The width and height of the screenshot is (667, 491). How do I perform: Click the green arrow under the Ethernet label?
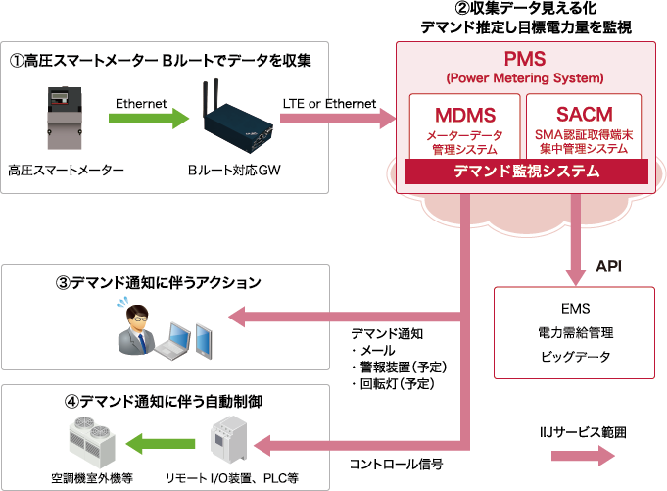click(x=148, y=119)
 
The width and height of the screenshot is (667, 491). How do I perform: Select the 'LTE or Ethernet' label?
click(x=328, y=102)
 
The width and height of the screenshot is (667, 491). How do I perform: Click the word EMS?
click(x=575, y=307)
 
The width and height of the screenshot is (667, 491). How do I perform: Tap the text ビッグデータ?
click(x=575, y=355)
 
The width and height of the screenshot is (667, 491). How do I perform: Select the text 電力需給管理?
click(x=575, y=331)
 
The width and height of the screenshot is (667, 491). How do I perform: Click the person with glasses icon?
click(x=136, y=326)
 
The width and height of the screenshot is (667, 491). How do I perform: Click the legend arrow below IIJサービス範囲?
click(x=583, y=456)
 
